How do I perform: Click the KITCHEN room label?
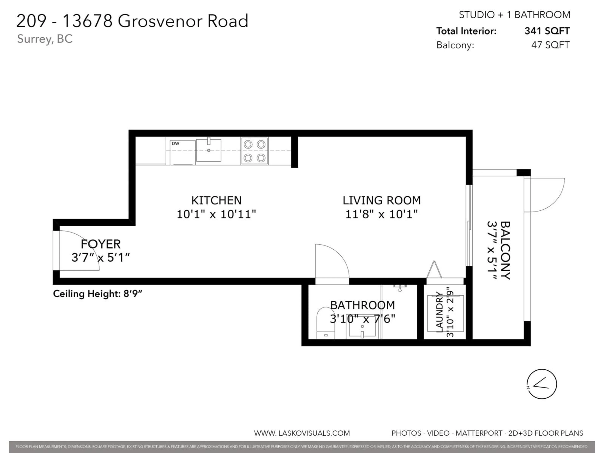[x=216, y=200]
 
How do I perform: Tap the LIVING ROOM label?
[x=381, y=200]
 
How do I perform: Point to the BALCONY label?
[x=505, y=250]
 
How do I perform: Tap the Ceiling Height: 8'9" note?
[x=98, y=294]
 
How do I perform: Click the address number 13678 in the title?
[x=88, y=21]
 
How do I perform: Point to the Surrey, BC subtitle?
[x=45, y=39]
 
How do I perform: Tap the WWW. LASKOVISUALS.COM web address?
[x=302, y=433]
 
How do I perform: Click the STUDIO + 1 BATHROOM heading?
[x=515, y=15]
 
